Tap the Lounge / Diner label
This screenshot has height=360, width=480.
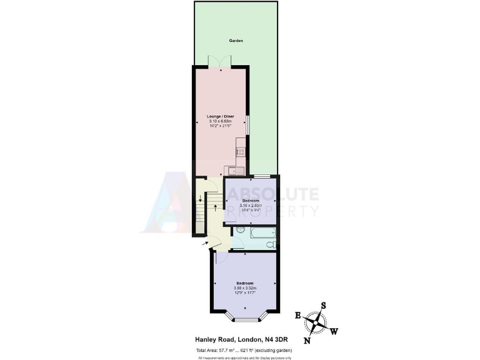click(x=220, y=116)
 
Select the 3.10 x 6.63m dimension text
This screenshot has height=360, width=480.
click(x=220, y=121)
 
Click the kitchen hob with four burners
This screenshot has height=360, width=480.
click(x=241, y=150)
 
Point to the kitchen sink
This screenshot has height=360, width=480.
click(x=232, y=170)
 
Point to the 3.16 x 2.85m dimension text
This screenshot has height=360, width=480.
click(x=252, y=206)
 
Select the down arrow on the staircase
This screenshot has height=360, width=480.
click(x=199, y=199)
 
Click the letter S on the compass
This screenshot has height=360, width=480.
click(x=324, y=306)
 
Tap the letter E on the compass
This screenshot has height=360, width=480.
click(x=298, y=315)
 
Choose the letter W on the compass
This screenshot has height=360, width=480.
click(x=334, y=331)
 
